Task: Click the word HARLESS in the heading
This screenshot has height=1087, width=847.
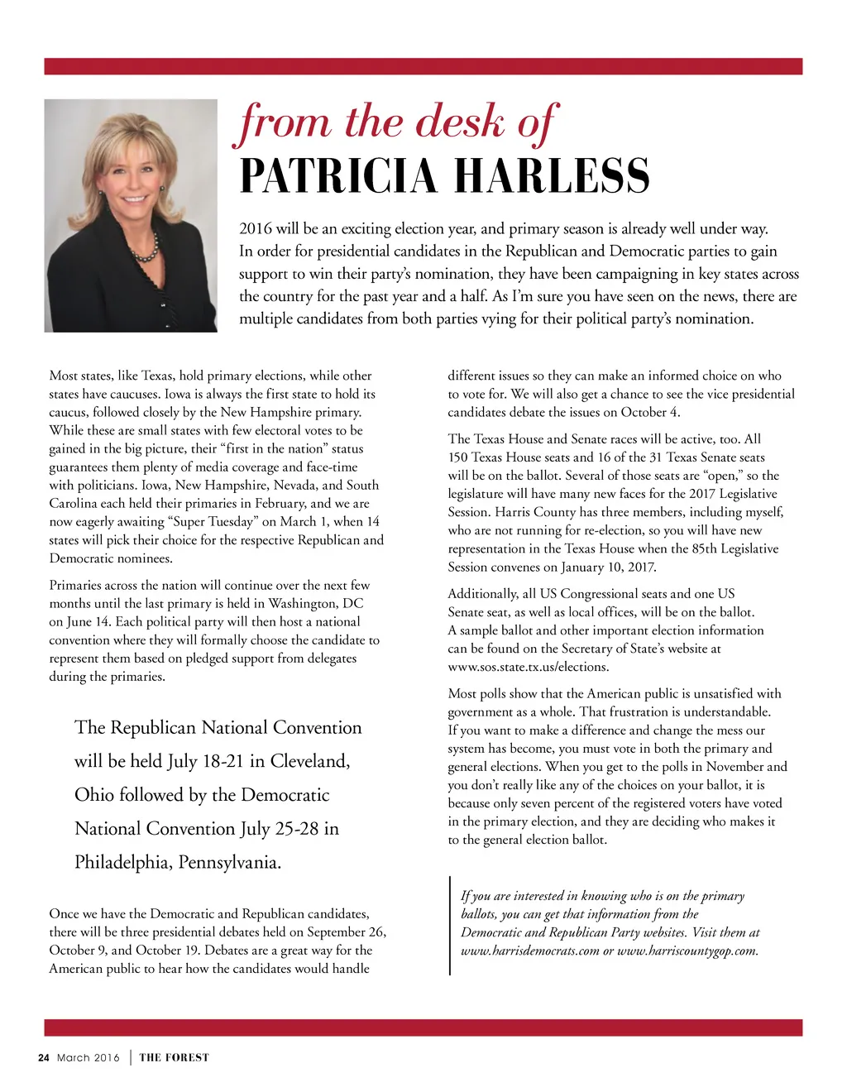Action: click(x=552, y=175)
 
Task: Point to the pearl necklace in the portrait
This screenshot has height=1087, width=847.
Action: click(x=145, y=247)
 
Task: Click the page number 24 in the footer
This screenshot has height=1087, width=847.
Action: click(x=44, y=1057)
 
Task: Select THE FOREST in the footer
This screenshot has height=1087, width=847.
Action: click(x=174, y=1057)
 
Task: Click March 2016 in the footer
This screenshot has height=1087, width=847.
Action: click(x=88, y=1057)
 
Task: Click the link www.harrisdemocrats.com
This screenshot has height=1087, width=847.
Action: click(x=529, y=951)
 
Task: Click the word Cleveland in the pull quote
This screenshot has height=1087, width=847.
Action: click(x=309, y=761)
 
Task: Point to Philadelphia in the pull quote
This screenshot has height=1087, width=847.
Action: click(x=123, y=862)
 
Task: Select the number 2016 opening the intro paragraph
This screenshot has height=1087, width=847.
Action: click(x=256, y=228)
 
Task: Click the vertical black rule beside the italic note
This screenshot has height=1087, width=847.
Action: click(x=450, y=925)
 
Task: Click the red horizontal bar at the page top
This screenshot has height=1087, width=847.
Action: click(x=423, y=66)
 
